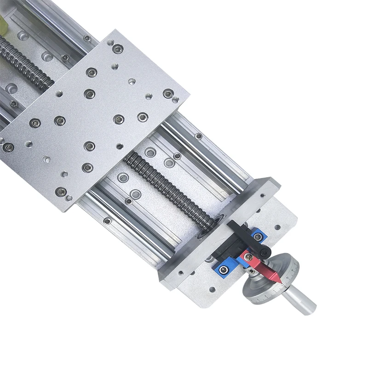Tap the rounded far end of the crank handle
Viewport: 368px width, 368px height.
point(311,305)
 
